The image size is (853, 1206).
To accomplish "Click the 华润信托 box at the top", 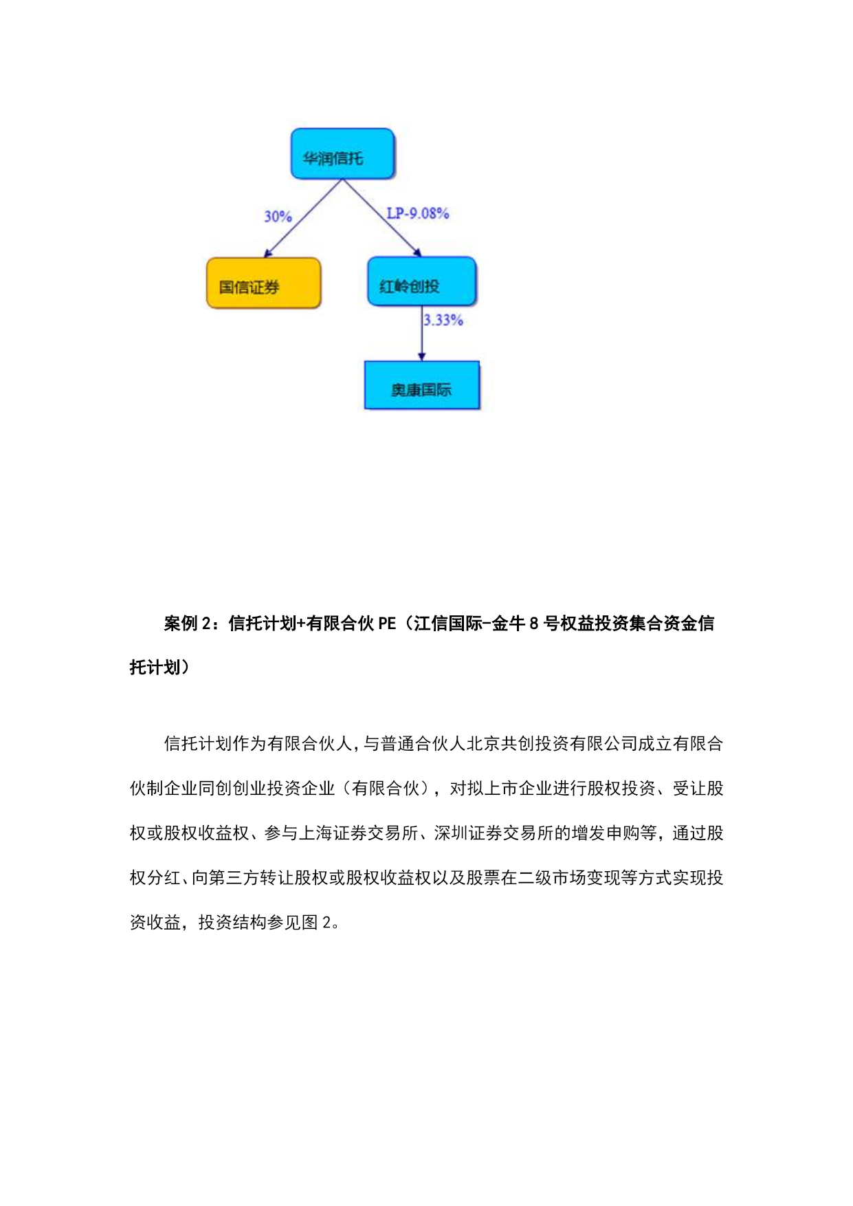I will coord(342,154).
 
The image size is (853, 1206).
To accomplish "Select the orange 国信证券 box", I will coord(263,283).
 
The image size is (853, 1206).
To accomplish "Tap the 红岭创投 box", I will coord(421,282).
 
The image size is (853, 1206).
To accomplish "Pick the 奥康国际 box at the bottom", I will coord(421,386).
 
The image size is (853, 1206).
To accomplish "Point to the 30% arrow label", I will coord(278,217).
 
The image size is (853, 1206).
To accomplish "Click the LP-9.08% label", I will coord(417,213).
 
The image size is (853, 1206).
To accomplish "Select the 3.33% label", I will coord(443,320).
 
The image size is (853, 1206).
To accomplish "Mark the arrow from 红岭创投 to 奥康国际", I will coord(422,337).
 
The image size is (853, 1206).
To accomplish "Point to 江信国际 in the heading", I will coord(448,624).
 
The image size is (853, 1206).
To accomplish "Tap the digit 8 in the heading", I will coord(533,624).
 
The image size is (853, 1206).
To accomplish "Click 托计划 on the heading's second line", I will coord(155,668).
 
